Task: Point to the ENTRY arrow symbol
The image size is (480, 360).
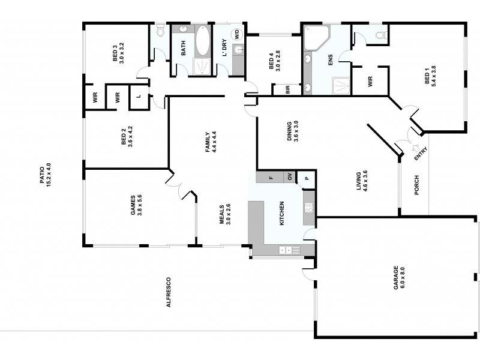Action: point(415,148)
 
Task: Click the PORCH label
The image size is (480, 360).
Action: point(416,185)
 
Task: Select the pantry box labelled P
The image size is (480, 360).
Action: point(306,177)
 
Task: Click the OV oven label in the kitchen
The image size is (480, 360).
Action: point(289,177)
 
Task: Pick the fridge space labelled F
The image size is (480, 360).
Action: point(271,177)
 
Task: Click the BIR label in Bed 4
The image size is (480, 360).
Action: point(288,89)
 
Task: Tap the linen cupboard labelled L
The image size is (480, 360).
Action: point(139,97)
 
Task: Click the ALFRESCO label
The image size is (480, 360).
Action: point(169,292)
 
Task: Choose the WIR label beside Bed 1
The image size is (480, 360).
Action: point(370,81)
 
